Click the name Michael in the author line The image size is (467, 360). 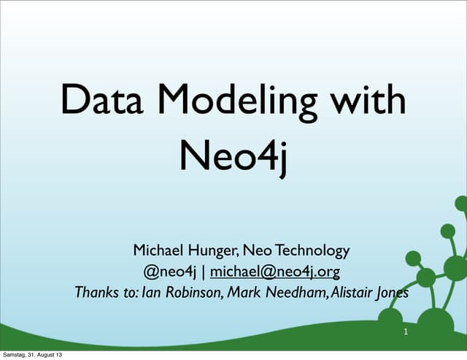coord(158,250)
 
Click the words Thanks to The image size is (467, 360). coord(102,294)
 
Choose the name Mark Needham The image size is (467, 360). coord(269,294)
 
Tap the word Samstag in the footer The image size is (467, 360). coord(15,355)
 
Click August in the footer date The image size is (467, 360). coord(47,355)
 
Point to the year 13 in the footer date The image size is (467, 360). coord(58,355)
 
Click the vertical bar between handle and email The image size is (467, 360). coord(204,272)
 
